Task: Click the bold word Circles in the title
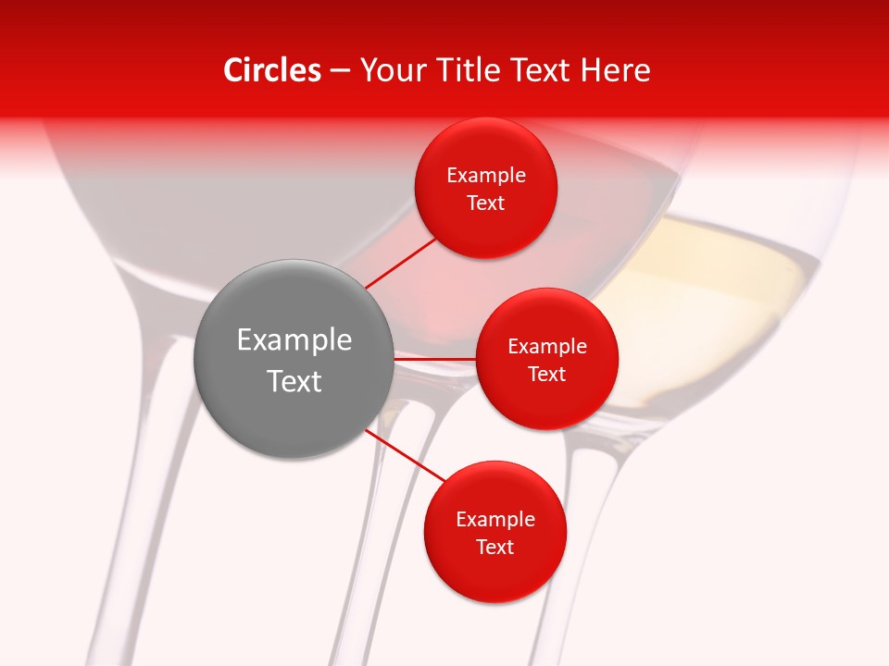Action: coord(272,70)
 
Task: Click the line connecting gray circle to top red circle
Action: coord(400,262)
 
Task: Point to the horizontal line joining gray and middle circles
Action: coord(434,359)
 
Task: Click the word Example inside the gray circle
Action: coord(294,340)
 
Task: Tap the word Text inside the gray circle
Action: coord(294,381)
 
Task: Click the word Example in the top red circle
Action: coord(486,176)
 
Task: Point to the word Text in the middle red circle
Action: coord(546,375)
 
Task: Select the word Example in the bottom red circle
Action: coord(495,520)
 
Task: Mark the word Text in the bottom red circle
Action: coord(495,548)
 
